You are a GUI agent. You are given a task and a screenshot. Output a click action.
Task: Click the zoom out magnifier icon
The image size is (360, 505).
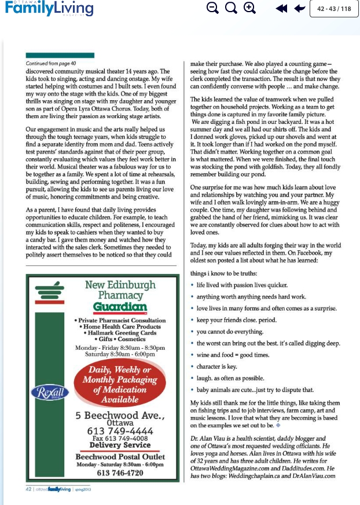pos(212,8)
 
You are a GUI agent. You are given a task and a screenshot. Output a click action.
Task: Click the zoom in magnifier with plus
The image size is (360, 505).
pos(249,8)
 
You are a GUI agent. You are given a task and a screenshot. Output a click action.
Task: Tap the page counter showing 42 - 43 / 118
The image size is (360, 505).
pos(335,9)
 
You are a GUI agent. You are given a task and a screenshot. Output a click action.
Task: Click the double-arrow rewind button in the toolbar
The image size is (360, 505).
pos(281,9)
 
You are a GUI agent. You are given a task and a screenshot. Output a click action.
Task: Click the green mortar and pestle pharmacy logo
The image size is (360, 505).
pos(50,301)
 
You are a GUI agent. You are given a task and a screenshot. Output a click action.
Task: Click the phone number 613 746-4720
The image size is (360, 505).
pos(112,473)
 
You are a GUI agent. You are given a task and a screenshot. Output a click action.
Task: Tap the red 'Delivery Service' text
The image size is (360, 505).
pos(112,445)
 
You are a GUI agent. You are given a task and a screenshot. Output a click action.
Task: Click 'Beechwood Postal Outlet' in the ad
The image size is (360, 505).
pos(112,457)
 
